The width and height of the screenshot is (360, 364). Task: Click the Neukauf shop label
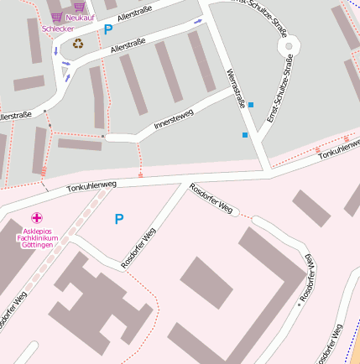(80, 18)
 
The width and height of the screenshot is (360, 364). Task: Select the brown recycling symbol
(78, 43)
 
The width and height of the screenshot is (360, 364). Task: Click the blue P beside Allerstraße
(107, 29)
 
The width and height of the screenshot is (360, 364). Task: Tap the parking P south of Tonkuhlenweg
(118, 219)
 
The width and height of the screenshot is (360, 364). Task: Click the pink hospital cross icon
(37, 218)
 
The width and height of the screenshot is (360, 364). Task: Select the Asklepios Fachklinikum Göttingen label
(38, 237)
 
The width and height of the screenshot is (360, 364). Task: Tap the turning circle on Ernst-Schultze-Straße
(288, 45)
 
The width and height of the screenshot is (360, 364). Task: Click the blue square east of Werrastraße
(251, 105)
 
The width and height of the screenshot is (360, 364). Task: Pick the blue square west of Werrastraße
(245, 134)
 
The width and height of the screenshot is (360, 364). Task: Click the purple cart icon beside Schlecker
(56, 17)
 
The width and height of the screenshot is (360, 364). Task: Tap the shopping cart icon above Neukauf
(80, 6)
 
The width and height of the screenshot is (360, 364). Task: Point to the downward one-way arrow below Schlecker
(55, 52)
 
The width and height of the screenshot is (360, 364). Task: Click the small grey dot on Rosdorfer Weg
(299, 304)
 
